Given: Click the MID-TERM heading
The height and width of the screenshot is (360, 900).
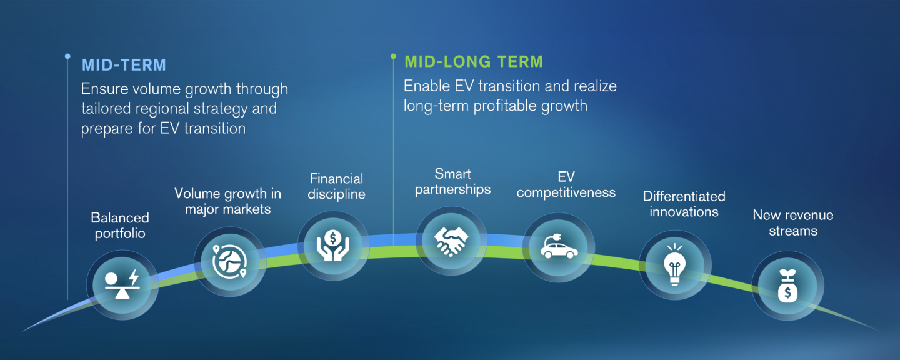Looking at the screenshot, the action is [x=124, y=65].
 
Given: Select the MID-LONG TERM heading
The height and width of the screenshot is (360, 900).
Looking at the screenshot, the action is [x=474, y=61].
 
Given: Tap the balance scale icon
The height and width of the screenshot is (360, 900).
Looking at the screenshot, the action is [x=122, y=285].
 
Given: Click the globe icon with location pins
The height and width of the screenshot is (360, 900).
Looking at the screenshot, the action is [x=229, y=261].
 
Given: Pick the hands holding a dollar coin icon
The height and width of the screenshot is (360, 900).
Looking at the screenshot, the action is [x=332, y=246].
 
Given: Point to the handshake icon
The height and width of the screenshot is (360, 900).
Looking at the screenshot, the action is [x=451, y=241].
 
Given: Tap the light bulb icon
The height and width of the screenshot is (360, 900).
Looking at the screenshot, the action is [x=674, y=264].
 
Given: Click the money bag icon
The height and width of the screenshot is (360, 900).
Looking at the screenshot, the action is [x=787, y=286].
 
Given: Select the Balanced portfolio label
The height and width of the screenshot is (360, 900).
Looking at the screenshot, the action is [x=120, y=226].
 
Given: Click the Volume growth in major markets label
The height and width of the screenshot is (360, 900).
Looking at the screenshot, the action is [x=227, y=201].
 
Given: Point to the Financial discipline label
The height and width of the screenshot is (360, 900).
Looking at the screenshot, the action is [x=336, y=186].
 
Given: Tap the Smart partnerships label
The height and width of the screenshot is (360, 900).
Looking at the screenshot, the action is [x=452, y=182].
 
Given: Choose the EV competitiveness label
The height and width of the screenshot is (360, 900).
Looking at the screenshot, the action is [x=566, y=184].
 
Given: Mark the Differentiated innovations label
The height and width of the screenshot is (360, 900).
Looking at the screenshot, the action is [x=684, y=204].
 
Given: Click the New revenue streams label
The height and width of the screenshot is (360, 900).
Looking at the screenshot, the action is [x=793, y=223].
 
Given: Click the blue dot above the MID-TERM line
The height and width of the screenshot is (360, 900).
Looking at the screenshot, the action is [x=67, y=56].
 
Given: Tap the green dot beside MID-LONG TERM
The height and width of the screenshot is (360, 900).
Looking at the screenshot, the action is [x=393, y=56].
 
